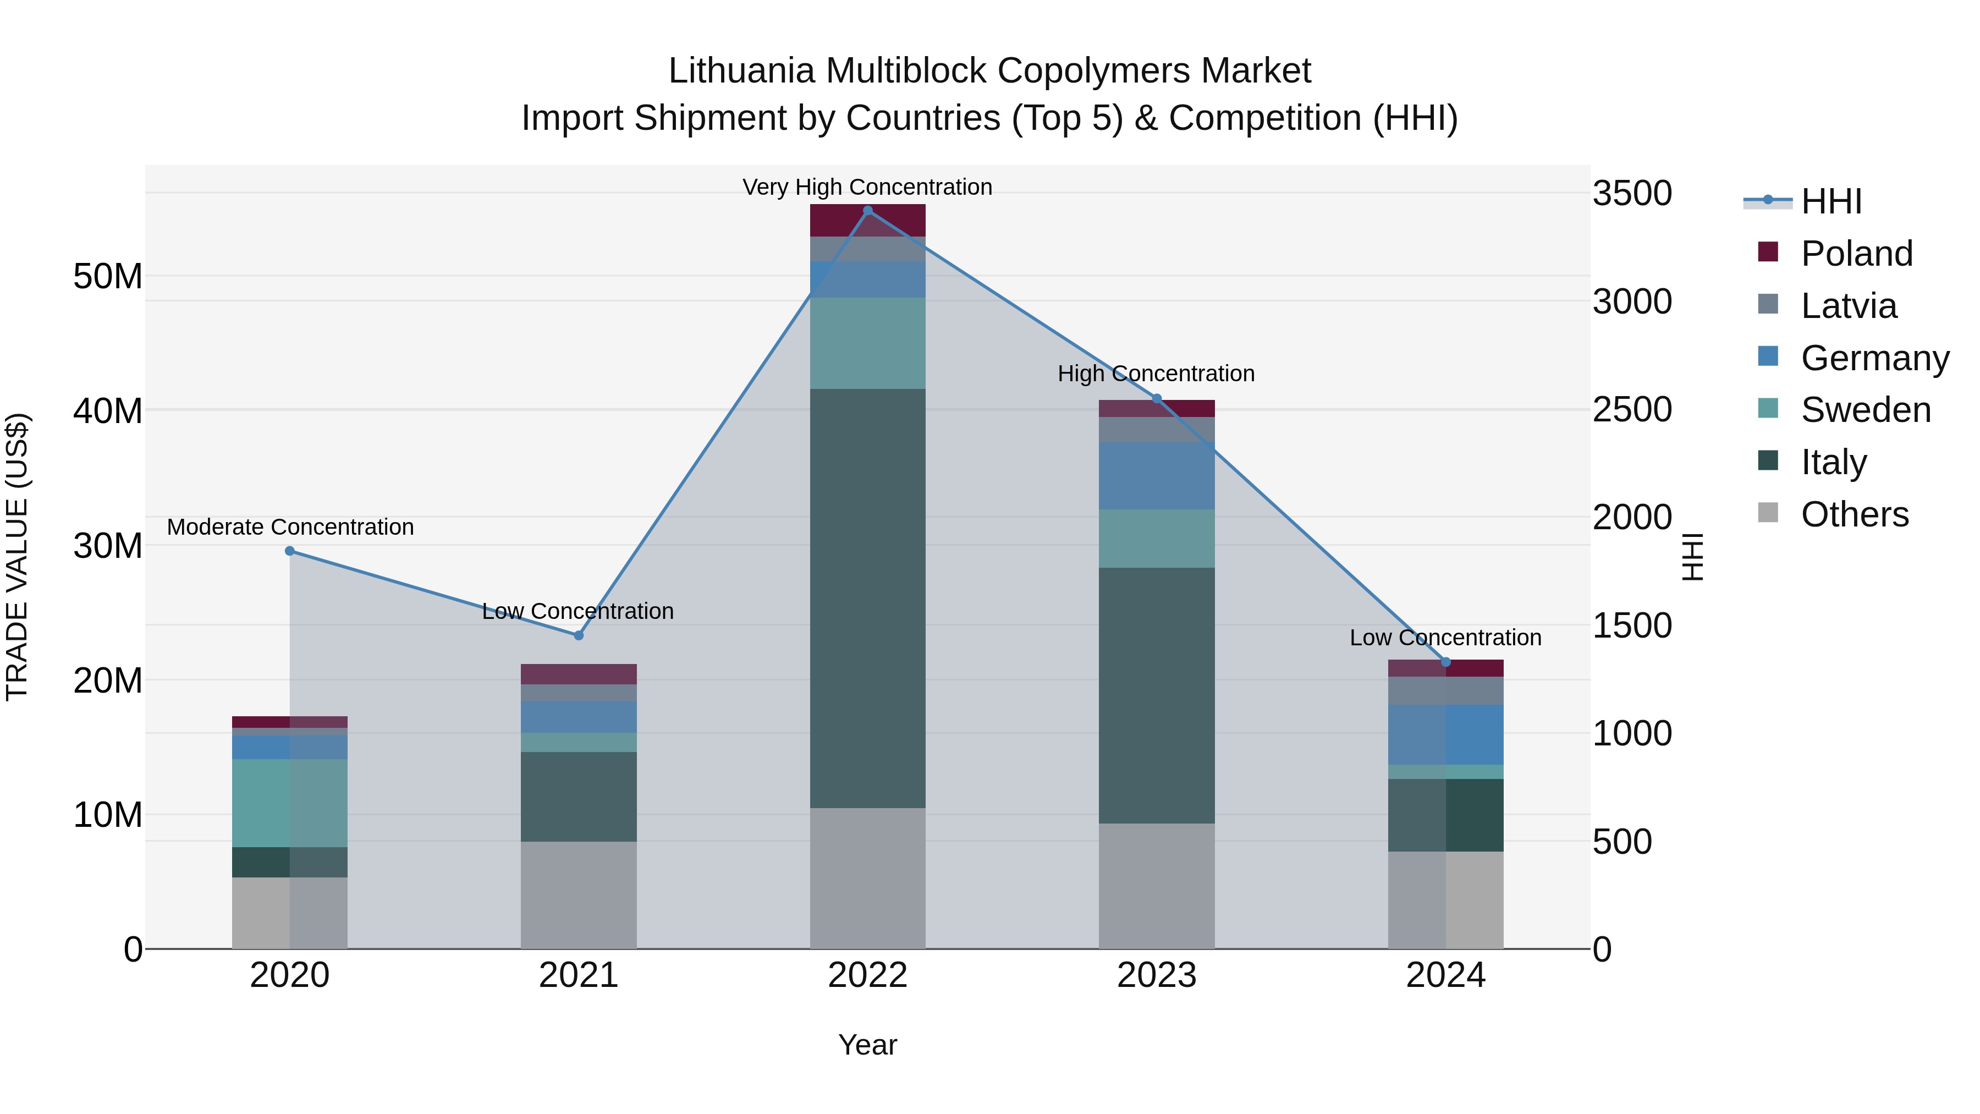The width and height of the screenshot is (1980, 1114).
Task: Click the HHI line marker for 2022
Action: (x=868, y=211)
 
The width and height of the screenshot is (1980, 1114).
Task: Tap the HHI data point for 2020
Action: (x=290, y=551)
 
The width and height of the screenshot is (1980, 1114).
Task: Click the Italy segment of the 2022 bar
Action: (x=868, y=598)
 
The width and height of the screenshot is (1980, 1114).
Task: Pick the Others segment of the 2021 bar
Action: (x=579, y=895)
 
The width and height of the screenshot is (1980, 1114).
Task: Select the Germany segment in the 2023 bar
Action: (x=1157, y=475)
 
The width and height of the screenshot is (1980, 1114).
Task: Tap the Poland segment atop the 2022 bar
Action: (x=838, y=221)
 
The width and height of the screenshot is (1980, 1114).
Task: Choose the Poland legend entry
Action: (x=1856, y=254)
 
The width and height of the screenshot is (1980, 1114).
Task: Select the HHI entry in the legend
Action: (x=1831, y=201)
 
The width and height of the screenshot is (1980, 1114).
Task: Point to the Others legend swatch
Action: (x=1768, y=512)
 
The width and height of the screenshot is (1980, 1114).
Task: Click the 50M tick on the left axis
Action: (x=108, y=277)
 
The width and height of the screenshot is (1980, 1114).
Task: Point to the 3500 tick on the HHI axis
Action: (x=1632, y=193)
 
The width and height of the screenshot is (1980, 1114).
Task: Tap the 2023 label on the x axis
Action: (x=1157, y=975)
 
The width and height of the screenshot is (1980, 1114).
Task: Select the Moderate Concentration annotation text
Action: (x=290, y=528)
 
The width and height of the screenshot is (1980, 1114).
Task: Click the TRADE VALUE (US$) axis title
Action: (x=17, y=557)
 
